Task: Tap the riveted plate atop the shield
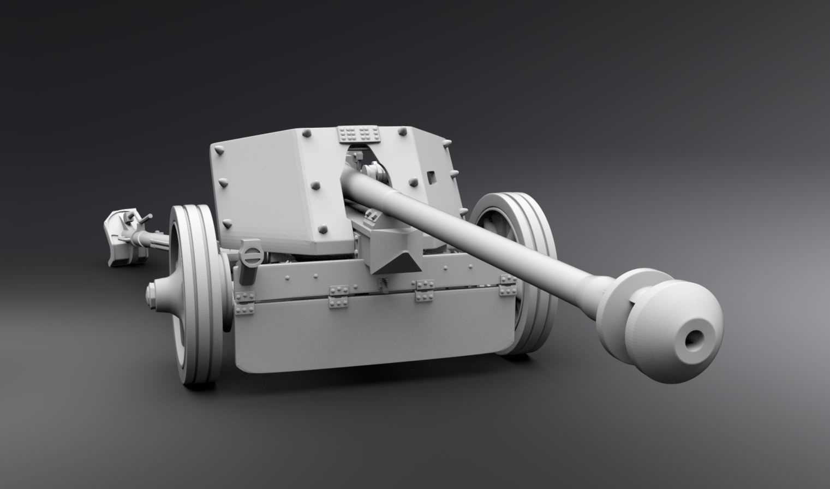coord(356,134)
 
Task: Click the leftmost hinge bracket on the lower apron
coord(245,302)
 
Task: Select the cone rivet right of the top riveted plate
coord(402,133)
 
